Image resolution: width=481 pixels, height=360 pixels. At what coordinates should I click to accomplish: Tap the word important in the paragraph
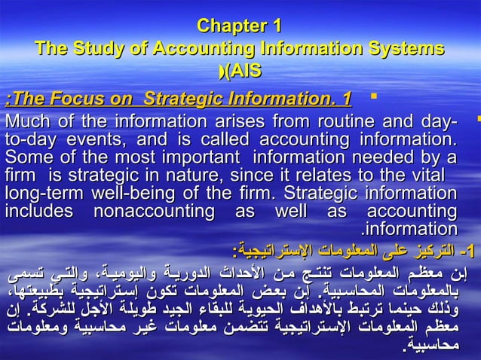(204, 157)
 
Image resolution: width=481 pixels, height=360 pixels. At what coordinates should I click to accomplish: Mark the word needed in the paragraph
(378, 157)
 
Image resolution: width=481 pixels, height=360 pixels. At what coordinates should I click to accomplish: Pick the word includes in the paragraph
(37, 210)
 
